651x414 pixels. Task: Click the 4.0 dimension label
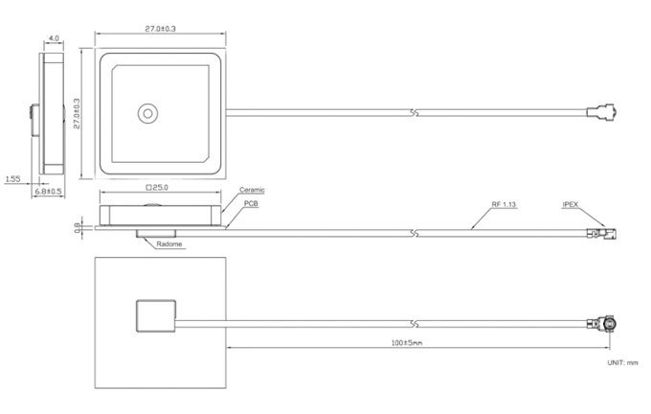pyautogui.click(x=54, y=38)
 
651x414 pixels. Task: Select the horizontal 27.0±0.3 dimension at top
pyautogui.click(x=160, y=29)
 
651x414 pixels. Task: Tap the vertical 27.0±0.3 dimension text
pyautogui.click(x=77, y=113)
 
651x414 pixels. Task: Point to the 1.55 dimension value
pyautogui.click(x=12, y=179)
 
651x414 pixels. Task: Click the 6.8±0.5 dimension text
pyautogui.click(x=48, y=192)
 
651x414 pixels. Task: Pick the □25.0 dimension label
pyautogui.click(x=157, y=188)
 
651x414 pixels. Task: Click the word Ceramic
pyautogui.click(x=252, y=190)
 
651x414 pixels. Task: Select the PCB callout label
pyautogui.click(x=251, y=203)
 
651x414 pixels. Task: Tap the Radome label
pyautogui.click(x=169, y=244)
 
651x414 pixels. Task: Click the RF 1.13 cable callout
pyautogui.click(x=504, y=204)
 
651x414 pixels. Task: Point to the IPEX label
pyautogui.click(x=570, y=204)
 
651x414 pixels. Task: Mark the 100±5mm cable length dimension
pyautogui.click(x=407, y=343)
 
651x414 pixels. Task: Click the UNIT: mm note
pyautogui.click(x=622, y=363)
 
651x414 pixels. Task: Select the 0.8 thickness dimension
pyautogui.click(x=78, y=227)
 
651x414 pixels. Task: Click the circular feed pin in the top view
pyautogui.click(x=147, y=113)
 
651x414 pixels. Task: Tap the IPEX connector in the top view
pyautogui.click(x=602, y=112)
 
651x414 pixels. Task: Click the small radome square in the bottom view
pyautogui.click(x=156, y=316)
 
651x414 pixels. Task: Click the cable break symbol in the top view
pyautogui.click(x=414, y=113)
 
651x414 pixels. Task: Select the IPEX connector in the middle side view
pyautogui.click(x=602, y=233)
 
